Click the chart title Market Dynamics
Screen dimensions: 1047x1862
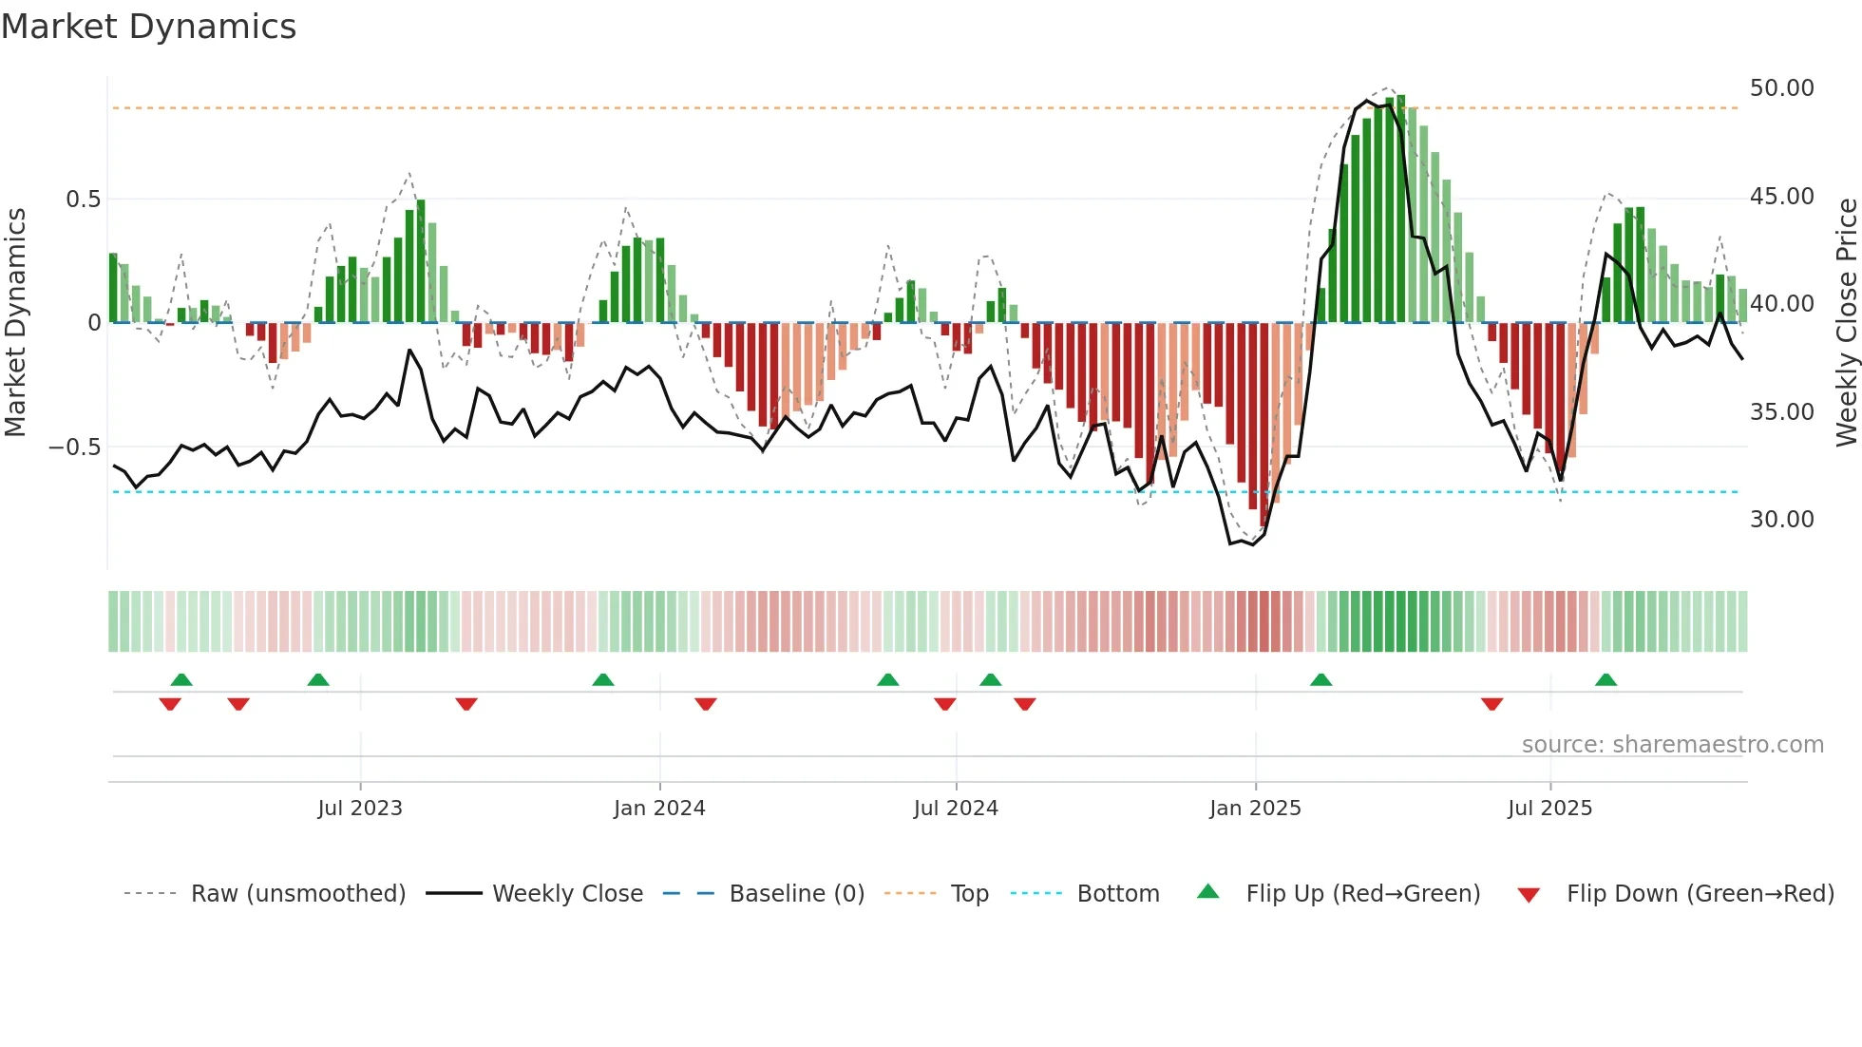click(149, 27)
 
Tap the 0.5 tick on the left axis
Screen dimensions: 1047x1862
click(83, 200)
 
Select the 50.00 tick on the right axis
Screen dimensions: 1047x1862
click(1781, 88)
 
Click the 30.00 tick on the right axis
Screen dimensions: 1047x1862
click(1781, 520)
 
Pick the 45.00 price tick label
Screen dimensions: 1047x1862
click(1781, 197)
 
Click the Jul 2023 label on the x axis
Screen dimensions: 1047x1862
click(360, 809)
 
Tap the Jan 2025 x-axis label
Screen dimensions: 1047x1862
click(1255, 809)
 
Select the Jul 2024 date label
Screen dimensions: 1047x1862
click(956, 809)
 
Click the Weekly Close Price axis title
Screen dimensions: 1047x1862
click(1846, 323)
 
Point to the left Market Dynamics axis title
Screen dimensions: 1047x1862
click(15, 323)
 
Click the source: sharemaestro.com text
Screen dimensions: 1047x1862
click(1672, 745)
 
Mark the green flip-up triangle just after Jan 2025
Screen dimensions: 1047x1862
click(1320, 679)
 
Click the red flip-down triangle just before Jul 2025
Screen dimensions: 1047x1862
click(1491, 704)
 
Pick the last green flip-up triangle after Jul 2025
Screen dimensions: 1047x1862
click(1605, 679)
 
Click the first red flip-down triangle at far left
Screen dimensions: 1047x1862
click(170, 704)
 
